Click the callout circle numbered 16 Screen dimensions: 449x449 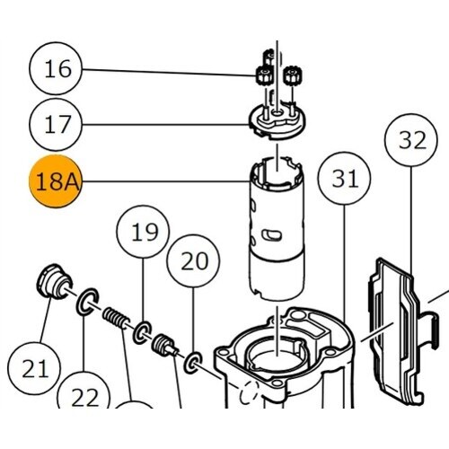point(56,69)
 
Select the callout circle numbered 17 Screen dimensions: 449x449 point(56,125)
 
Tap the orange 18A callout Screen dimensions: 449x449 point(56,181)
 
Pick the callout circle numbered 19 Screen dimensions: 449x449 point(143,232)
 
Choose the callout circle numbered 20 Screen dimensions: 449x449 point(193,261)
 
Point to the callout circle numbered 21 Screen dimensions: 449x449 point(34,369)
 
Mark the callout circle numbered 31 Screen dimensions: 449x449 point(344,179)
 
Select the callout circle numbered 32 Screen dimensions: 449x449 point(411,140)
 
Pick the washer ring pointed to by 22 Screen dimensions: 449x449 point(87,302)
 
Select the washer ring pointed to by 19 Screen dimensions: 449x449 point(142,332)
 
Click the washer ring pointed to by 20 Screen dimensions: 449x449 point(193,363)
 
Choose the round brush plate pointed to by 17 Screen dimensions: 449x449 point(277,121)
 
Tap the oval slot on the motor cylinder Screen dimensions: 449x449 point(271,235)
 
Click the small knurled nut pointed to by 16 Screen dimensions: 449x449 point(265,76)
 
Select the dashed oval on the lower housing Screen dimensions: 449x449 point(249,392)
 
